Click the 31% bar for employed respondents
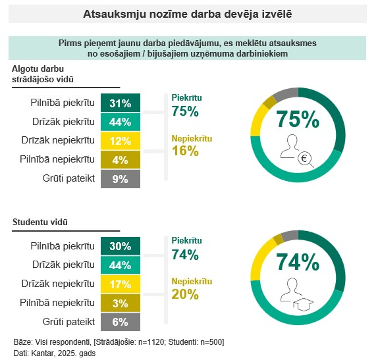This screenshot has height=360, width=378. click(x=121, y=103)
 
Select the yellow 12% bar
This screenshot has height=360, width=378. click(x=121, y=141)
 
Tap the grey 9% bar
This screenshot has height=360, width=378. click(x=121, y=179)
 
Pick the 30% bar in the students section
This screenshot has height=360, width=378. click(x=121, y=246)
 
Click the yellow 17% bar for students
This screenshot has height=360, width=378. click(x=121, y=284)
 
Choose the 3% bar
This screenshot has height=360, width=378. click(x=121, y=303)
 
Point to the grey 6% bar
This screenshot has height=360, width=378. click(x=121, y=322)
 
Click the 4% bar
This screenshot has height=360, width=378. click(x=121, y=160)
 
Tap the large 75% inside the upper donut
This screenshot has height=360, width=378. click(x=298, y=119)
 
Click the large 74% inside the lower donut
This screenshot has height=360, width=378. click(x=298, y=262)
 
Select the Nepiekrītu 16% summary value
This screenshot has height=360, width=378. click(x=185, y=151)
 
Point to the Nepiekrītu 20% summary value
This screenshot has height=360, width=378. click(x=185, y=294)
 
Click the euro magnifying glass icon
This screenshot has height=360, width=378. click(x=306, y=159)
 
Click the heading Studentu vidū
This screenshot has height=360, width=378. click(x=40, y=222)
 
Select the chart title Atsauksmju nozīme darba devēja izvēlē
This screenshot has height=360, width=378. click(x=188, y=14)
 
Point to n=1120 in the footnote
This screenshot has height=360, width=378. click(x=151, y=342)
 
